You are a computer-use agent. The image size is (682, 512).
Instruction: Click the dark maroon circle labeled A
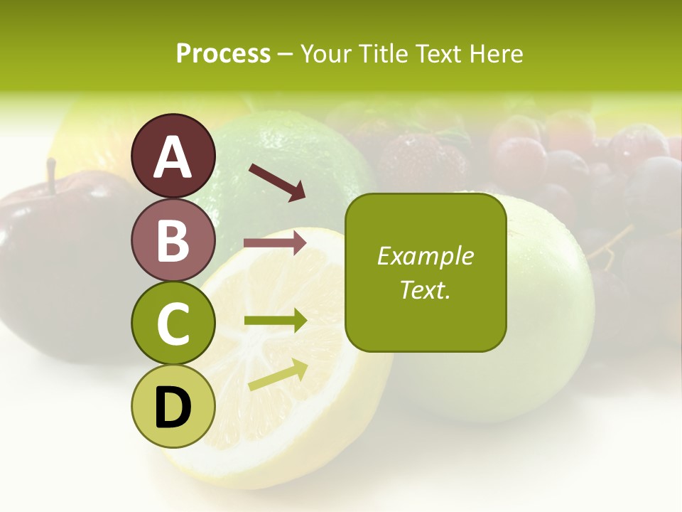click(x=173, y=156)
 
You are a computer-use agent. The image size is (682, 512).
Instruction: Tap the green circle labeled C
click(x=173, y=323)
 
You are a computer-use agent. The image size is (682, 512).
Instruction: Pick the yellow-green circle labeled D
click(x=173, y=406)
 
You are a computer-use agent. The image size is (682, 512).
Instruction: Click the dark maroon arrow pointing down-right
click(x=277, y=181)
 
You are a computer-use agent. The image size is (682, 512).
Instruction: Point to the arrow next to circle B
click(x=275, y=243)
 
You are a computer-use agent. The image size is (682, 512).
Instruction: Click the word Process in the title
click(x=223, y=53)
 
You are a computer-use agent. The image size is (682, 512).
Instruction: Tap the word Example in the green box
click(x=425, y=256)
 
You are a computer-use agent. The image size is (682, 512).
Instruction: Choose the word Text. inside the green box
click(x=425, y=289)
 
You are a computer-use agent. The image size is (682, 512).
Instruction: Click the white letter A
click(x=173, y=156)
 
